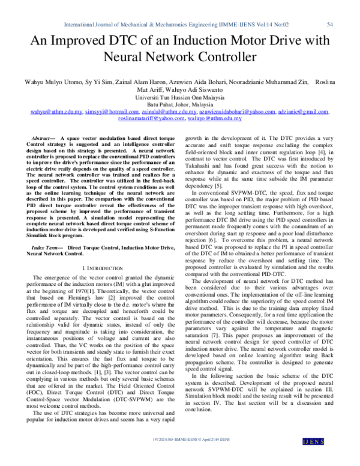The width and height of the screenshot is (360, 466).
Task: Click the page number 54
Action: pos(329,25)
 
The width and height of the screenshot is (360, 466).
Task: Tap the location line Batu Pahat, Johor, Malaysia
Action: pos(180,104)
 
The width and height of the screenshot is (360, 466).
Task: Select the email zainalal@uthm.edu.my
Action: pos(170,112)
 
